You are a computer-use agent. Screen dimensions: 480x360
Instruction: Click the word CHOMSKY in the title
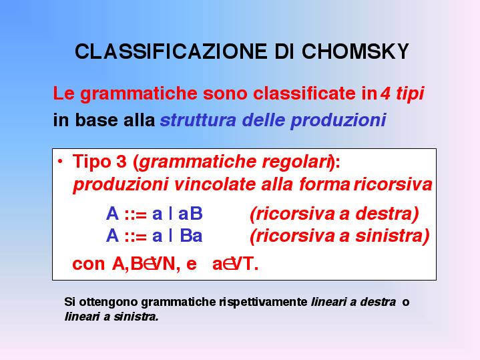(355, 51)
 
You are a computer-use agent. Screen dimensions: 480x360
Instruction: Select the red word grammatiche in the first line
(139, 94)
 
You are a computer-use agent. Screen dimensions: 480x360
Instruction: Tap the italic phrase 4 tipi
(403, 93)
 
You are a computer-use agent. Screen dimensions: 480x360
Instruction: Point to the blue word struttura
(198, 120)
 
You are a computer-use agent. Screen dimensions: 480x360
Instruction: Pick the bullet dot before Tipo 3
(60, 161)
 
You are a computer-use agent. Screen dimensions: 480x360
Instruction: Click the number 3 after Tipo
(122, 161)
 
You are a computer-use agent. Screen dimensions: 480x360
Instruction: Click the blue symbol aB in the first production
(190, 214)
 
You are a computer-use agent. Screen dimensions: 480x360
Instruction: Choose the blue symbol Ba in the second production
(191, 236)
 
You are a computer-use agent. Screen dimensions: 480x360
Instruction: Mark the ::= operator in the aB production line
(136, 214)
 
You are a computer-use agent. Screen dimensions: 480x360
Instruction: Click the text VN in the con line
(163, 264)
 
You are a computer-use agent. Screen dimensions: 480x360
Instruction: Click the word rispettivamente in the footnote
(263, 303)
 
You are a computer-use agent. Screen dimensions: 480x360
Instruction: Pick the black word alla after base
(139, 120)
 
